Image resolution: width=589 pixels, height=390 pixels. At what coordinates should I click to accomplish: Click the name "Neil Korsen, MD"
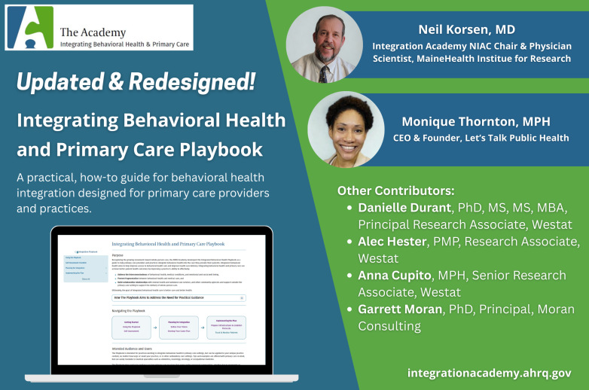tap(467, 29)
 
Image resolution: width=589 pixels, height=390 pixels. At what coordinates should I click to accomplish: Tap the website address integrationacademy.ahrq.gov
tap(489, 373)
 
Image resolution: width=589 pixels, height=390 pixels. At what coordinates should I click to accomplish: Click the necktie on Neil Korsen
tap(323, 73)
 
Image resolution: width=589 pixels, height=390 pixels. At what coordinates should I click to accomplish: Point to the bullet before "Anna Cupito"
tap(348, 276)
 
